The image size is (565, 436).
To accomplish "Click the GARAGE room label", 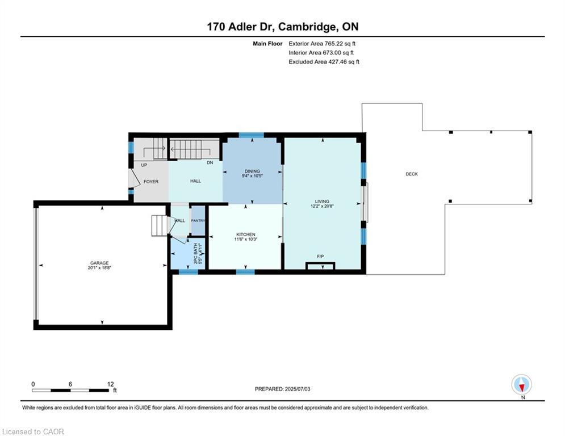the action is [x=99, y=263].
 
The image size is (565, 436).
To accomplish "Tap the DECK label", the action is [x=412, y=174].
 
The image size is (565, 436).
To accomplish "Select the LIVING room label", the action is [x=322, y=202].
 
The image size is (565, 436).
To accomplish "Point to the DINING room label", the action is [x=252, y=171].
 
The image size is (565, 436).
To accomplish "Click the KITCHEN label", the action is [x=246, y=234].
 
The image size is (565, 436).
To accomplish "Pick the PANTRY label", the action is [x=198, y=220].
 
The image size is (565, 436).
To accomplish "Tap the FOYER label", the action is [x=151, y=182].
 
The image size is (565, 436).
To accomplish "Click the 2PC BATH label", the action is [x=196, y=253].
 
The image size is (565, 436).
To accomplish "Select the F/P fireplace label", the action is [x=320, y=256].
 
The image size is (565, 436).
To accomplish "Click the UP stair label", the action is [x=144, y=165].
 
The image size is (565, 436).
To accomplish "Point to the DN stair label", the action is [x=210, y=162].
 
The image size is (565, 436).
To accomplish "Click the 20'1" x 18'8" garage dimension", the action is [x=99, y=268].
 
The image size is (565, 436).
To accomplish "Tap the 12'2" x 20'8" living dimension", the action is [x=322, y=206].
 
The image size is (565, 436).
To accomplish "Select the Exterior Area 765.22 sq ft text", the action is [x=322, y=44].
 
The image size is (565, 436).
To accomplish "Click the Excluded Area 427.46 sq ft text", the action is [x=324, y=62].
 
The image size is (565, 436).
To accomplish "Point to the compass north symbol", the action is [x=522, y=384].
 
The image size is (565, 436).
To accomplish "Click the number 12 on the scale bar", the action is [x=111, y=384].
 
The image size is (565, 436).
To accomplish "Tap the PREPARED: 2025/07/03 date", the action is [x=283, y=389].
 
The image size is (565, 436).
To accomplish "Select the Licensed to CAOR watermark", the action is [x=33, y=431].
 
